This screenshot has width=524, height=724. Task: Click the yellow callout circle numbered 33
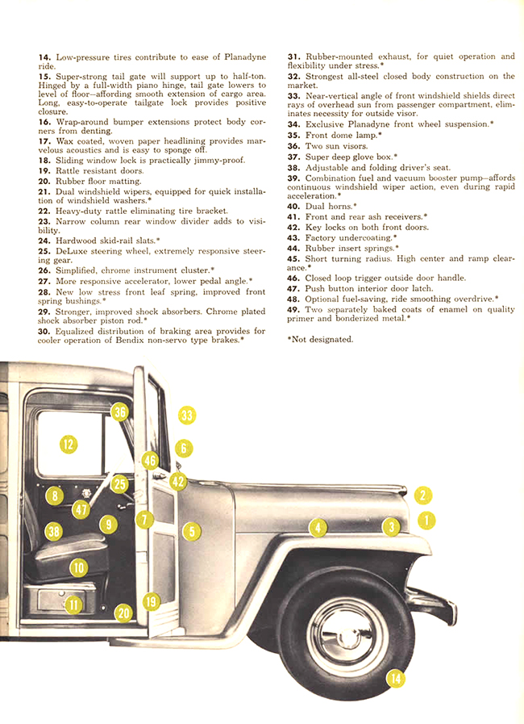pyautogui.click(x=187, y=416)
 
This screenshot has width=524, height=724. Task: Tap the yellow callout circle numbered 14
pyautogui.click(x=395, y=679)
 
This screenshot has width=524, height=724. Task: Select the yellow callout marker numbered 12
pyautogui.click(x=69, y=443)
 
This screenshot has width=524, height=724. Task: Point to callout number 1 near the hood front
pyautogui.click(x=425, y=521)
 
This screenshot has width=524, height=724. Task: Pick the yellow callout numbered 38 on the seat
pyautogui.click(x=54, y=531)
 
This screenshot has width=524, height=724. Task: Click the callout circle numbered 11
pyautogui.click(x=73, y=604)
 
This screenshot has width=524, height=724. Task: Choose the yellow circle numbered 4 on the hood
pyautogui.click(x=319, y=528)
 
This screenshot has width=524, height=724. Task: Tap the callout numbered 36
pyautogui.click(x=120, y=412)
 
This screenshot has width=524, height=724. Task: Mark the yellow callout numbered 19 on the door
pyautogui.click(x=151, y=601)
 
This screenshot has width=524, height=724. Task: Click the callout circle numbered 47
pyautogui.click(x=81, y=509)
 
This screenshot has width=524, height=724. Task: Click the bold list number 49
pyautogui.click(x=294, y=309)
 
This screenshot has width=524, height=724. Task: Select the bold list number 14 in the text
pyautogui.click(x=44, y=57)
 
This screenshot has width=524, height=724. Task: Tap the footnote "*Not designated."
pyautogui.click(x=320, y=339)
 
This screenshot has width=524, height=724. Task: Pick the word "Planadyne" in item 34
pyautogui.click(x=371, y=123)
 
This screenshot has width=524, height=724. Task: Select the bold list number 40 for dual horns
pyautogui.click(x=294, y=207)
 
